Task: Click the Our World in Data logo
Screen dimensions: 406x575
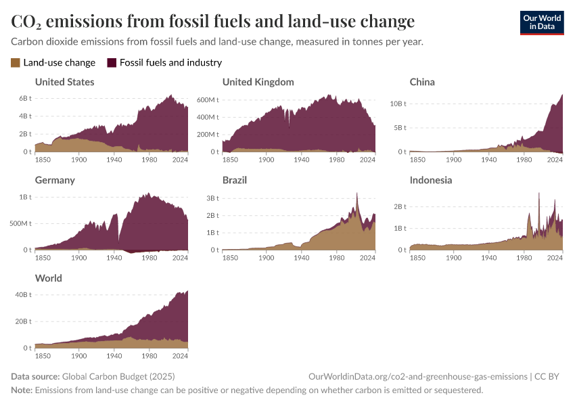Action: pos(542,22)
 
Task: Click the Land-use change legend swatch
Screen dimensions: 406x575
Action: pos(16,63)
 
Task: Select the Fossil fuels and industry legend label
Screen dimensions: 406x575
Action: pos(170,63)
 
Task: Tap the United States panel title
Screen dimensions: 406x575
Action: pos(64,82)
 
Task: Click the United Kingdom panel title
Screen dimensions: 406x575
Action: pos(258,82)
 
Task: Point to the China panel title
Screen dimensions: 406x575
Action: pos(422,82)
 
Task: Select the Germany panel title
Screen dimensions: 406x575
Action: pos(55,180)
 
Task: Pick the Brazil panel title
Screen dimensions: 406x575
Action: pos(235,180)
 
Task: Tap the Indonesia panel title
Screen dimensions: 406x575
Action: pos(431,180)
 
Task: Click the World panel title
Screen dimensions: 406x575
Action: pos(48,278)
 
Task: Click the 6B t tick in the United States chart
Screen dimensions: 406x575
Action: pos(24,99)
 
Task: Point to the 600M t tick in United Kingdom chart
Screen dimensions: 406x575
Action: pos(206,99)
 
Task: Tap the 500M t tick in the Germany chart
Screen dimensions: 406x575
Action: pos(19,223)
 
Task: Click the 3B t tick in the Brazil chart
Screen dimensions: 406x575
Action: pos(212,198)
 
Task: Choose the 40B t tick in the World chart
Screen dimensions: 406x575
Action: pos(22,294)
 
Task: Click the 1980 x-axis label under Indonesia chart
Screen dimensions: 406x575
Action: pos(522,258)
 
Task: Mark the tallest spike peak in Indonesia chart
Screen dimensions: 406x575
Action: pos(539,194)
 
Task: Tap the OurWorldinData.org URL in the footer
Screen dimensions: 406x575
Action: pos(417,376)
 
